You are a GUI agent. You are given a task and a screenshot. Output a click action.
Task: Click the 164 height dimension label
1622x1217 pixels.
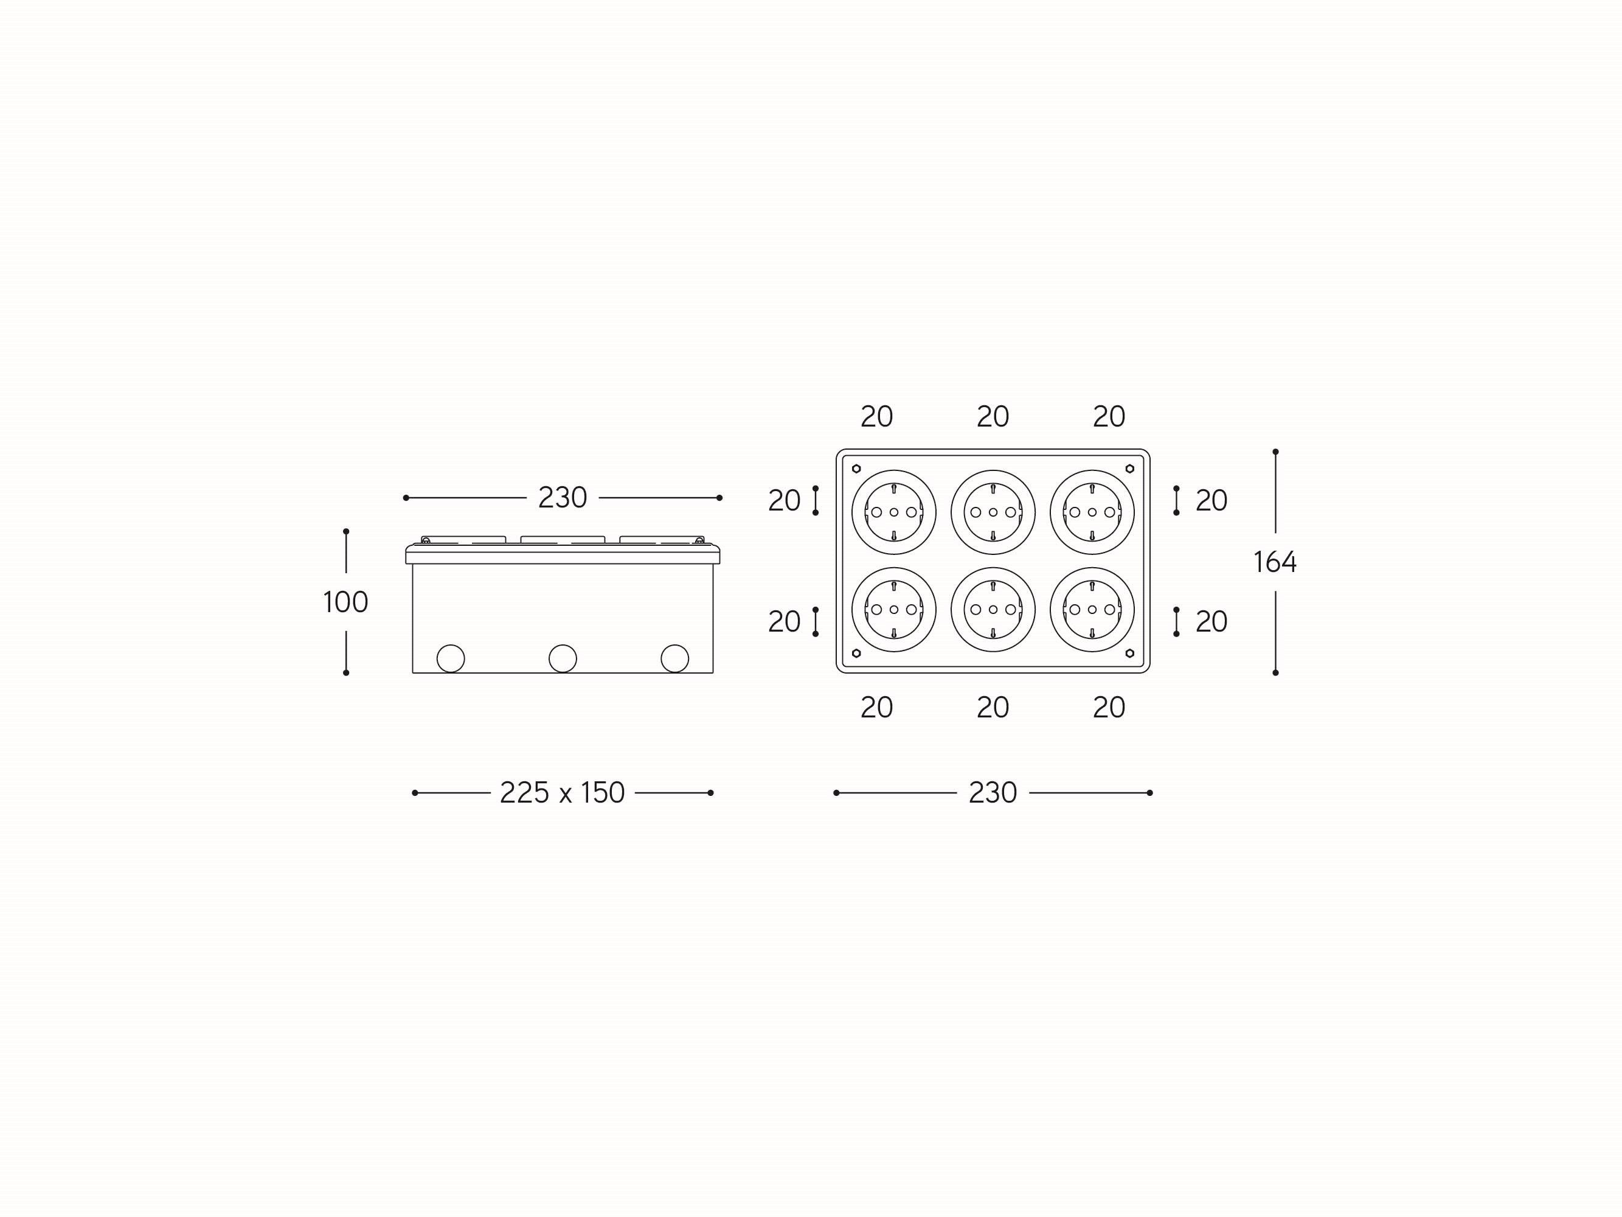click(x=1275, y=562)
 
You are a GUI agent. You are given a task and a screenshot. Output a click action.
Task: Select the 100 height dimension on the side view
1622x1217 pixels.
click(x=345, y=602)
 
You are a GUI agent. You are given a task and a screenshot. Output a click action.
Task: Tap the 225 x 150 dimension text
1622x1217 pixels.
click(x=562, y=793)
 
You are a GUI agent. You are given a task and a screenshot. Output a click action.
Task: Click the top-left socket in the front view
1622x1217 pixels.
click(x=893, y=512)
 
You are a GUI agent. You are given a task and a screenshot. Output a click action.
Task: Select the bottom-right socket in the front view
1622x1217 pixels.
click(x=1092, y=610)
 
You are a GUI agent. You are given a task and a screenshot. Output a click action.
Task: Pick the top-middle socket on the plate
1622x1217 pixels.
click(x=993, y=512)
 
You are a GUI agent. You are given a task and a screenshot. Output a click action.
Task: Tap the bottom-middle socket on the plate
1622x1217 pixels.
click(x=993, y=610)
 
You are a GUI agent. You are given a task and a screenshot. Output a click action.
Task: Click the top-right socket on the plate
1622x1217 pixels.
click(x=1092, y=512)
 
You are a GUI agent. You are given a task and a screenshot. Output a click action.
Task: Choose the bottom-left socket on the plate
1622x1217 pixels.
click(x=893, y=610)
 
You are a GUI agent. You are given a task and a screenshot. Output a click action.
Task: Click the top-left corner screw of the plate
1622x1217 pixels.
click(x=856, y=469)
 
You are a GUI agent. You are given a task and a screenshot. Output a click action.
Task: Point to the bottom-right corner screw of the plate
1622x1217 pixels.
click(x=1129, y=653)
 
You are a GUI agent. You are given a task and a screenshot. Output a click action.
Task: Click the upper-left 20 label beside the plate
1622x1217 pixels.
click(x=784, y=501)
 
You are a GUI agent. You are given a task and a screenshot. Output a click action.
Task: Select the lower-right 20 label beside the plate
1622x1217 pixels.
click(x=1211, y=622)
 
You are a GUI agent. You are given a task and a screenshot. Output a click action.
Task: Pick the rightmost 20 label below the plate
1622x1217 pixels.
click(x=1108, y=707)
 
